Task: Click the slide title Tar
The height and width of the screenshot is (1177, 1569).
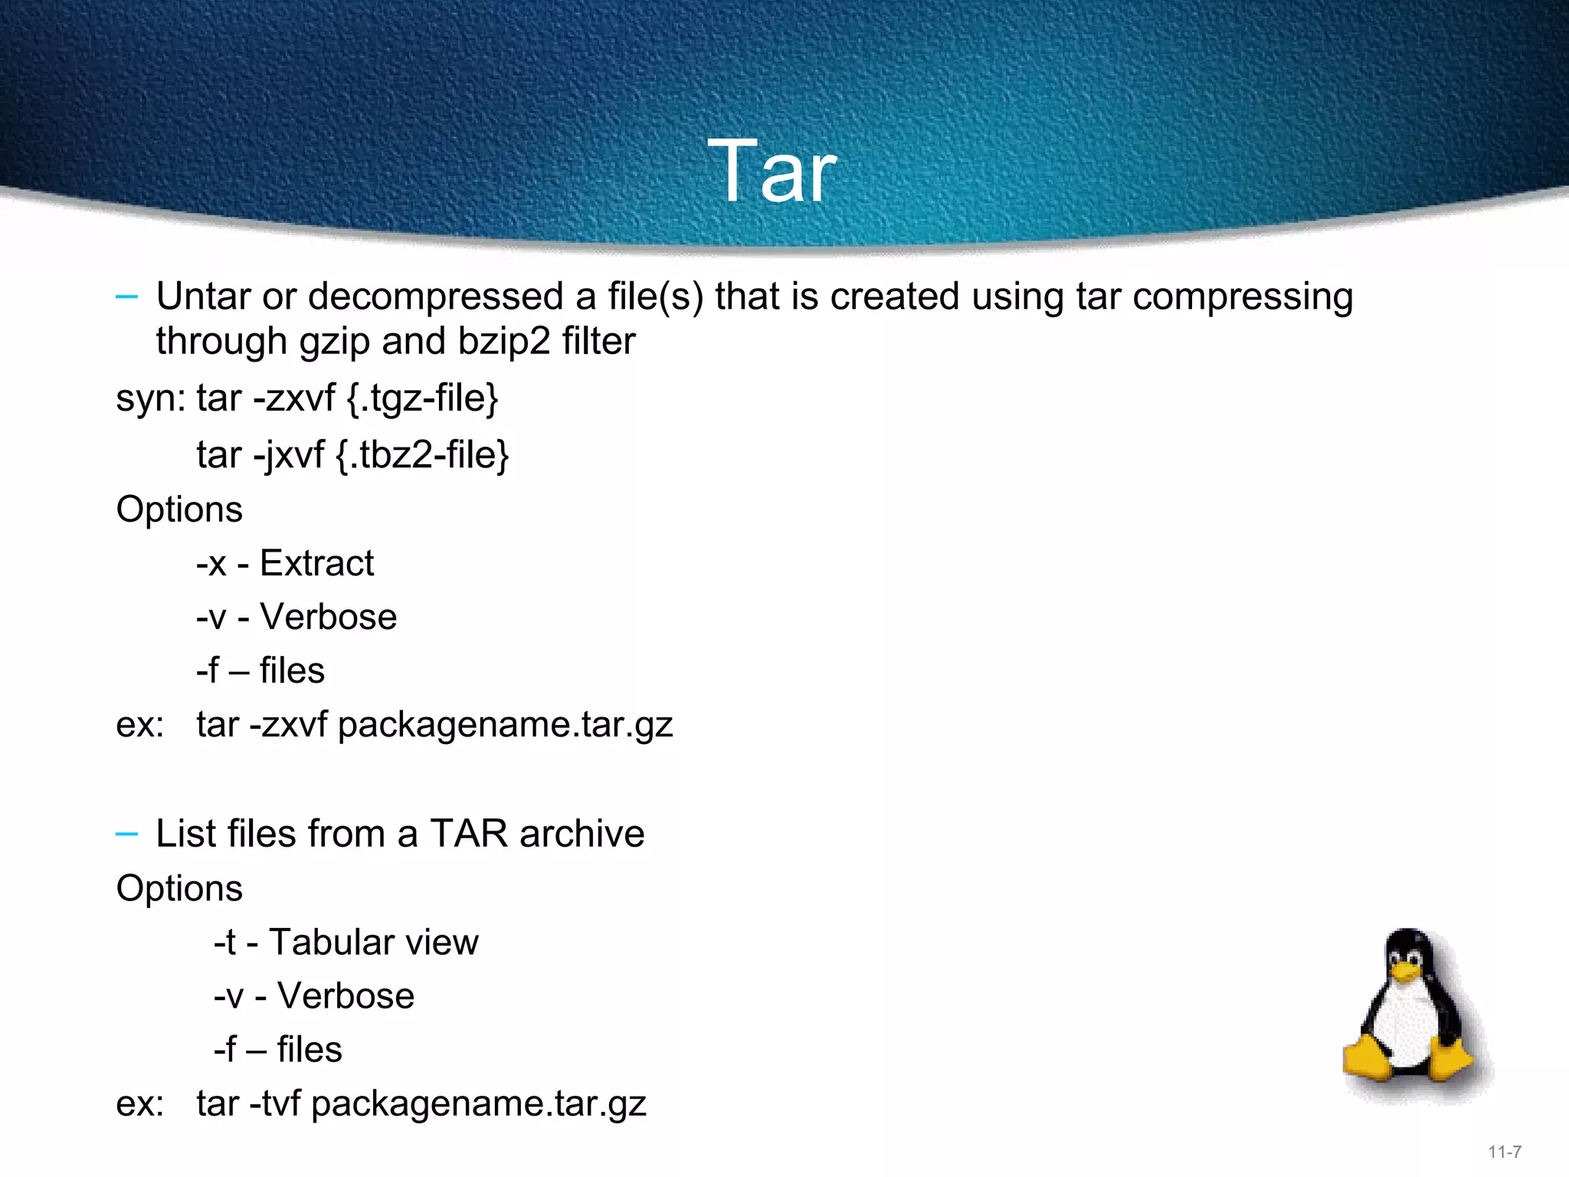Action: click(771, 172)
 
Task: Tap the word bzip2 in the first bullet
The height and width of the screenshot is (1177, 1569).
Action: click(503, 342)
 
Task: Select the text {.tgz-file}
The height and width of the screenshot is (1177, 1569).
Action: click(422, 398)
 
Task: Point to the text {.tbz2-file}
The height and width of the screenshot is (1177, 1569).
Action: click(422, 455)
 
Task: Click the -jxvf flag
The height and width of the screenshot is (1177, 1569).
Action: click(289, 455)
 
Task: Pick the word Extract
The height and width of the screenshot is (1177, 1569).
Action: click(316, 563)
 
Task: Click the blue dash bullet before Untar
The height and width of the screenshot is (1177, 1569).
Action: click(126, 297)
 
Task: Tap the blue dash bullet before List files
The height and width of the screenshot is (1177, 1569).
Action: click(126, 834)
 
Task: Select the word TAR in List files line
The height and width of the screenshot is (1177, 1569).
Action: click(469, 834)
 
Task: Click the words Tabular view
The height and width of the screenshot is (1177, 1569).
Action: click(373, 943)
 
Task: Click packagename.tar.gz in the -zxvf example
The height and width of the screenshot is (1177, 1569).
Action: click(505, 725)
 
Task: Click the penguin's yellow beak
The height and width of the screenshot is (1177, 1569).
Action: click(1406, 972)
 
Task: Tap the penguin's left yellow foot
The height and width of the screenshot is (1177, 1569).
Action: click(1368, 1059)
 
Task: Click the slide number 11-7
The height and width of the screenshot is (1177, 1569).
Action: click(1505, 1152)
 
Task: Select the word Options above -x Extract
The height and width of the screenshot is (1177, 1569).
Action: click(179, 510)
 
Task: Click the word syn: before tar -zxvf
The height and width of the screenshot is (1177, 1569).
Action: click(151, 398)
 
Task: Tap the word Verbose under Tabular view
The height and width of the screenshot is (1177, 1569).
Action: click(346, 996)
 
